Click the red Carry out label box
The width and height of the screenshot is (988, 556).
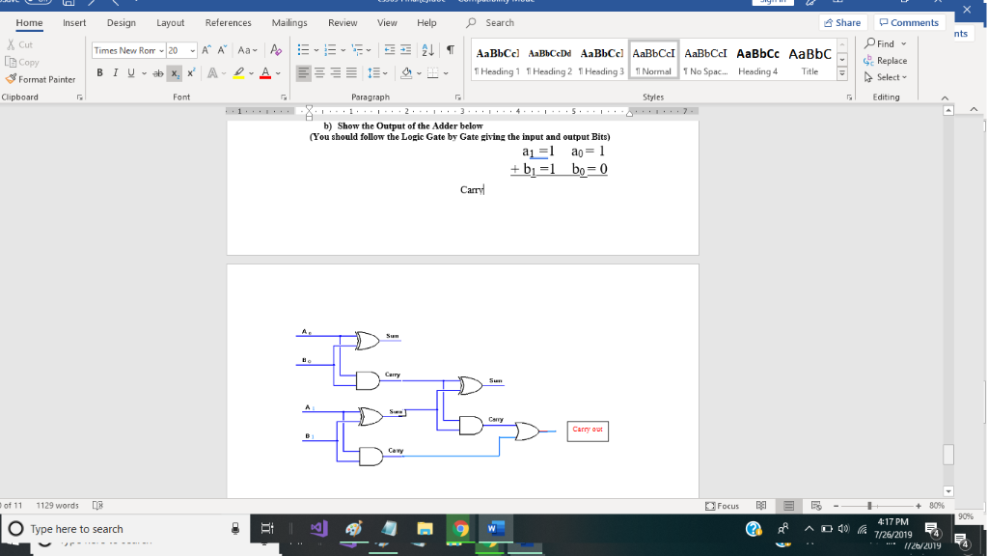click(x=588, y=430)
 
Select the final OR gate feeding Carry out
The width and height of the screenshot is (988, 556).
click(x=529, y=431)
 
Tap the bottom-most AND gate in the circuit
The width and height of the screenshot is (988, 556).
click(x=370, y=456)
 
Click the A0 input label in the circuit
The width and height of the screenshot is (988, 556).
click(x=306, y=331)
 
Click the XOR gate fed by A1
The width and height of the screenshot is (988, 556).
click(x=370, y=415)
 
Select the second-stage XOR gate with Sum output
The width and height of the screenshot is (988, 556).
click(x=472, y=385)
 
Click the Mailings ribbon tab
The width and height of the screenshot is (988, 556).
click(x=289, y=22)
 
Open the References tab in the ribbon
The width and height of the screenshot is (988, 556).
click(x=228, y=22)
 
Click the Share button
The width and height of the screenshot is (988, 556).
click(x=841, y=22)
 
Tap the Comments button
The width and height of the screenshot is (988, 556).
click(x=909, y=22)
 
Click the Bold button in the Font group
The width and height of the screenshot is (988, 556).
click(x=100, y=73)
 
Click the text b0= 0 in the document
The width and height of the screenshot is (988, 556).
click(x=589, y=169)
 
